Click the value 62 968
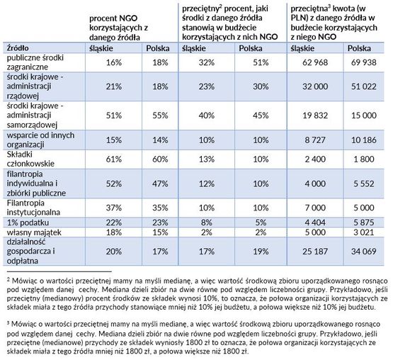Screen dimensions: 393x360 (315, 62)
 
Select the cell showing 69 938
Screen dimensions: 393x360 (363, 62)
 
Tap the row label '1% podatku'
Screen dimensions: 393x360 (28, 223)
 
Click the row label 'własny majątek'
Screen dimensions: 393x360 (34, 232)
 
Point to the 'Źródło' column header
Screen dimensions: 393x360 (18, 47)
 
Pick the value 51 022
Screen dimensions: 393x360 (363, 86)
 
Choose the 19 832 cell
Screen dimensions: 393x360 (315, 116)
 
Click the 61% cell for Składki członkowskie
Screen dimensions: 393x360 (114, 159)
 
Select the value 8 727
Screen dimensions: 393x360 (315, 140)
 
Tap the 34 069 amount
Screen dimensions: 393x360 (363, 251)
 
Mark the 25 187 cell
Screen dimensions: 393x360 (315, 251)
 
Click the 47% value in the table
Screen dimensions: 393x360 (160, 184)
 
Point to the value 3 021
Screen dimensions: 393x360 (363, 232)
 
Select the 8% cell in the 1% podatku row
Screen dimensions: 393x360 (207, 223)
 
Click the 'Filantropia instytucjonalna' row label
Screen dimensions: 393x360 (33, 208)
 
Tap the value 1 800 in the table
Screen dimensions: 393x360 (363, 159)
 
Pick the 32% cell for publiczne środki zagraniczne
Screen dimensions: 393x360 (207, 62)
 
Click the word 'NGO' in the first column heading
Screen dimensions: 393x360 (128, 18)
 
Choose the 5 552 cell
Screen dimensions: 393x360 (363, 184)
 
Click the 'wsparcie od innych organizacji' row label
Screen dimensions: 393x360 (40, 140)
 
